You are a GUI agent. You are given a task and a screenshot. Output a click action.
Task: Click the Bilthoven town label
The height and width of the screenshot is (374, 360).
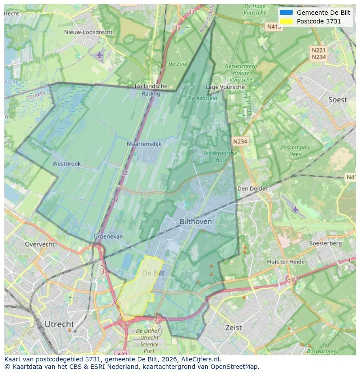[196, 222]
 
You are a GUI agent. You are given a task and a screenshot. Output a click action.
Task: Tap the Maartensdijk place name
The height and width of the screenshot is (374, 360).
[144, 144]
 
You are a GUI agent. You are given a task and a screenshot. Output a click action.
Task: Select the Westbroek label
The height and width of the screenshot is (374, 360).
[67, 164]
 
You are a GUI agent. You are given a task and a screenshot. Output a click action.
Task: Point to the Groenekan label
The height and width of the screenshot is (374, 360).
[108, 237]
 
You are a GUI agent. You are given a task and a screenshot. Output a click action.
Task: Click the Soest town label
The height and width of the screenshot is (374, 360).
[337, 100]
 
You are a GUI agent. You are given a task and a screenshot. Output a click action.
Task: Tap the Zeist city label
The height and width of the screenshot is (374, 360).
[233, 328]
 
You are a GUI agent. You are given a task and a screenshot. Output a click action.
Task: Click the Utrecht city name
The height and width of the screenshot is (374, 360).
[59, 324]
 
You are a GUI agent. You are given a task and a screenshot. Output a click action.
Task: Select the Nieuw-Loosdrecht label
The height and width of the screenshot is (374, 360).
[88, 32]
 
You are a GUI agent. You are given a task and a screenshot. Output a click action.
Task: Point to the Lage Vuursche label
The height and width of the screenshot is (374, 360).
[225, 87]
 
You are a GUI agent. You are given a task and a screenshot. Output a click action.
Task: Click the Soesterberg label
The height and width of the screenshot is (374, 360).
[325, 244]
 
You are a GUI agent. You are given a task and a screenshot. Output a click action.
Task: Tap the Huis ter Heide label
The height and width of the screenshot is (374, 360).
[286, 262]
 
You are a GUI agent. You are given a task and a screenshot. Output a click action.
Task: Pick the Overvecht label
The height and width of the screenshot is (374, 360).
[40, 244]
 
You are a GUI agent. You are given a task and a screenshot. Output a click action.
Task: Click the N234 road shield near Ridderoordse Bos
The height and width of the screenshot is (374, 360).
[240, 142]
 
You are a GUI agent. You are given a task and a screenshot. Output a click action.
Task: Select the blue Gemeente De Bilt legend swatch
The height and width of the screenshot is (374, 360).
[287, 13]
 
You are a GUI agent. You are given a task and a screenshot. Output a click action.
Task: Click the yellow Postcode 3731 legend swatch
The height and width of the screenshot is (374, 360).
[287, 21]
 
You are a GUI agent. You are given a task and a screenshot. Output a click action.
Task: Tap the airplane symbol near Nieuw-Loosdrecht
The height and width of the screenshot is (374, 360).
[100, 55]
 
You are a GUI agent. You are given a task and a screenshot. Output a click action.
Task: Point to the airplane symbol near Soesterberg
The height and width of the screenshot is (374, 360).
[296, 210]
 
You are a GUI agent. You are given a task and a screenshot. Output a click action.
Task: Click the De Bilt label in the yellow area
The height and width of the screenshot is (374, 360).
[153, 273]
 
